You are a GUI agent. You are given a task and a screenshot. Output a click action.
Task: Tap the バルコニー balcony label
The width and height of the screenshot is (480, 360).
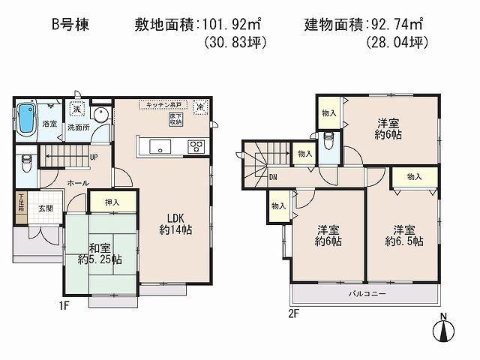tap(367, 293)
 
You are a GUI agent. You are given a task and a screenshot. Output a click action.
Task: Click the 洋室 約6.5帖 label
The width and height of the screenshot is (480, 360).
tap(403, 235)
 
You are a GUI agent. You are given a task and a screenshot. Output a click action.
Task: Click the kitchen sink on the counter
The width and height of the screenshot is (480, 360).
tap(161, 145)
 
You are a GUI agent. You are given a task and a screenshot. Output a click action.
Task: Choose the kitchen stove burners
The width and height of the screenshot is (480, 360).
tap(196, 145)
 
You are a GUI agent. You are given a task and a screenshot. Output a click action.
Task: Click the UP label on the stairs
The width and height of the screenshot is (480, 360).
tap(93, 157)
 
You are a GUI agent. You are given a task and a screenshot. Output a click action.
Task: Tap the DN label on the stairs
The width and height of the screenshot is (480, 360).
tap(273, 177)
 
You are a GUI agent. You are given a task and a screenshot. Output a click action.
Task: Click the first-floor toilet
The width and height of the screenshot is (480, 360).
tap(26, 160)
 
